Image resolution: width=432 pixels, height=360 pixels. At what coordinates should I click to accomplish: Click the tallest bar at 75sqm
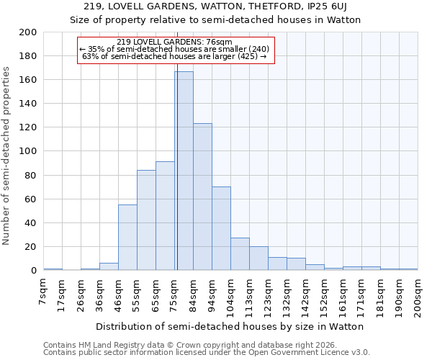point(184,171)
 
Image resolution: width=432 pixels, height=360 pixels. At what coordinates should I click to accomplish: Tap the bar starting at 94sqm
point(221,228)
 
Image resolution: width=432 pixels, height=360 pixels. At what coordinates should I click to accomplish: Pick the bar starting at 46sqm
point(127,238)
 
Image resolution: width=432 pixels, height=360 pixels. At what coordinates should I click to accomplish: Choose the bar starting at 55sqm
point(146,220)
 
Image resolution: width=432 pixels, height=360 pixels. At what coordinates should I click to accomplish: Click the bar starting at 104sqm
point(240,253)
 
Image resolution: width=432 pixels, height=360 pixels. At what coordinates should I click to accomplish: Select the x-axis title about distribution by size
point(230,326)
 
